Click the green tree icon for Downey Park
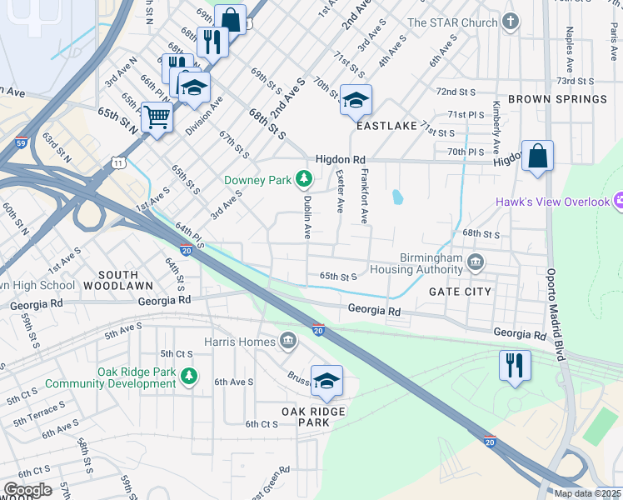[x=305, y=178]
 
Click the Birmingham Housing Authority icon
[x=475, y=263]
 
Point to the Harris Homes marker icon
[x=288, y=341]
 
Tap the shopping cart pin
[x=157, y=117]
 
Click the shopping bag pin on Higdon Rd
[x=537, y=155]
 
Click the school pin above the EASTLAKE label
[x=356, y=100]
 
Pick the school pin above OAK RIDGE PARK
[x=326, y=380]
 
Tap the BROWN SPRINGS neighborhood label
[x=557, y=99]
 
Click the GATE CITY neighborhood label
[x=460, y=292]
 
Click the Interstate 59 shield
[x=20, y=143]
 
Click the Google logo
[x=27, y=490]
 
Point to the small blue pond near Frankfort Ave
[x=397, y=197]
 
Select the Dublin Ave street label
[x=306, y=215]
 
